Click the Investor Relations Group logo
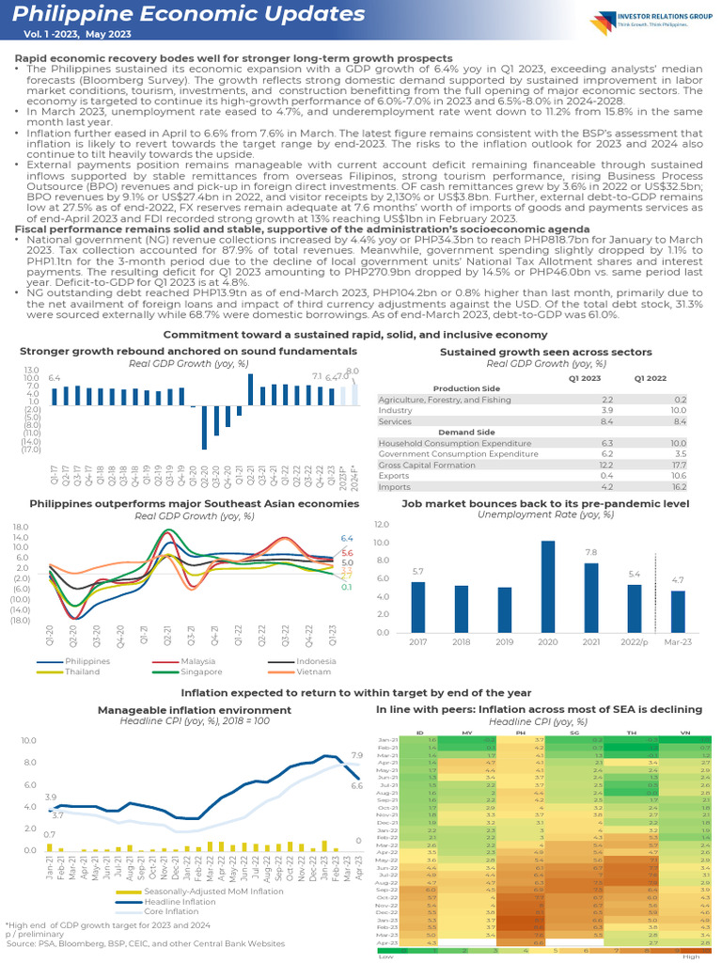649,23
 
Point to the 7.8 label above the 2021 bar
591,552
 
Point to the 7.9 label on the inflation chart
356,755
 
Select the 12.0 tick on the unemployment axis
382,524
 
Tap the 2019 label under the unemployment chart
506,641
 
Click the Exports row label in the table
394,476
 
